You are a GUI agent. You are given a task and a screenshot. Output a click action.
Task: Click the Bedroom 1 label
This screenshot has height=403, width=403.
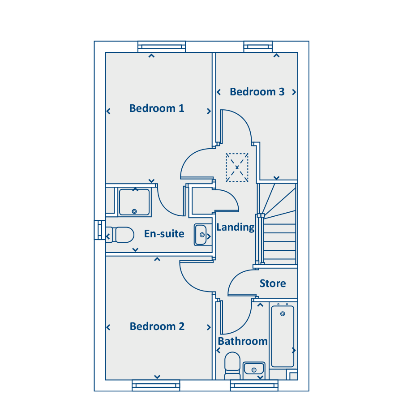(x=157, y=108)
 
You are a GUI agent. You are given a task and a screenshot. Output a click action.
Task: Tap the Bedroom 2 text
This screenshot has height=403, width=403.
(x=157, y=326)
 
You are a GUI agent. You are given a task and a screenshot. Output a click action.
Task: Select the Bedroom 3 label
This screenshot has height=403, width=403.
(x=257, y=92)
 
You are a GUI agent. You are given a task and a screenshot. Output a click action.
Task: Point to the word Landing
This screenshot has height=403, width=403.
(x=236, y=227)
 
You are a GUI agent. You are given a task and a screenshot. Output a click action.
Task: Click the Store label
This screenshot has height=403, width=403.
(x=273, y=283)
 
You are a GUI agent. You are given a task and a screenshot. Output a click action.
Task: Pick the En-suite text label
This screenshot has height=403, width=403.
(x=164, y=234)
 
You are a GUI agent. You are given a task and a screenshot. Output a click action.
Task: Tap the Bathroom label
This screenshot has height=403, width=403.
(x=243, y=341)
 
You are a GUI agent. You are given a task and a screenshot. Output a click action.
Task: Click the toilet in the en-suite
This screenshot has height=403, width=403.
(x=120, y=235)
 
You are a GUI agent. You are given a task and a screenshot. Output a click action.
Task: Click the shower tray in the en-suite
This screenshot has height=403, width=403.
(x=134, y=202)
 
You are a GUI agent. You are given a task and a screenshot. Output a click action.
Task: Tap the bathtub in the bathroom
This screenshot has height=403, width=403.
(x=283, y=336)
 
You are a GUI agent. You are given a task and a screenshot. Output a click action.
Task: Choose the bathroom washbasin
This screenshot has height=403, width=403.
(x=254, y=369)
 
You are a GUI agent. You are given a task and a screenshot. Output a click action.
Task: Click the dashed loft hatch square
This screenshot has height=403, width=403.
(x=237, y=167)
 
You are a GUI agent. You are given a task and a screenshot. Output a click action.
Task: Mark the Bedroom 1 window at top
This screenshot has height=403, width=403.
(x=162, y=47)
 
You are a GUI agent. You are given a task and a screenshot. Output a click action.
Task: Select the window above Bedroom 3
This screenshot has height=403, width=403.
(x=258, y=47)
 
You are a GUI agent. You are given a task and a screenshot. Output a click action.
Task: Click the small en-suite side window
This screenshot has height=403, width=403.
(x=100, y=230)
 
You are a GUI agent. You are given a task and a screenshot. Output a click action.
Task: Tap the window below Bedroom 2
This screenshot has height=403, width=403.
(x=156, y=386)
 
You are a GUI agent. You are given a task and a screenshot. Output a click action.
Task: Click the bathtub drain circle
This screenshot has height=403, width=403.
(x=283, y=314)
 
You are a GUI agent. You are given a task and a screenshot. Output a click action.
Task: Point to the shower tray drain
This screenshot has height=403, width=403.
(x=134, y=211)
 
